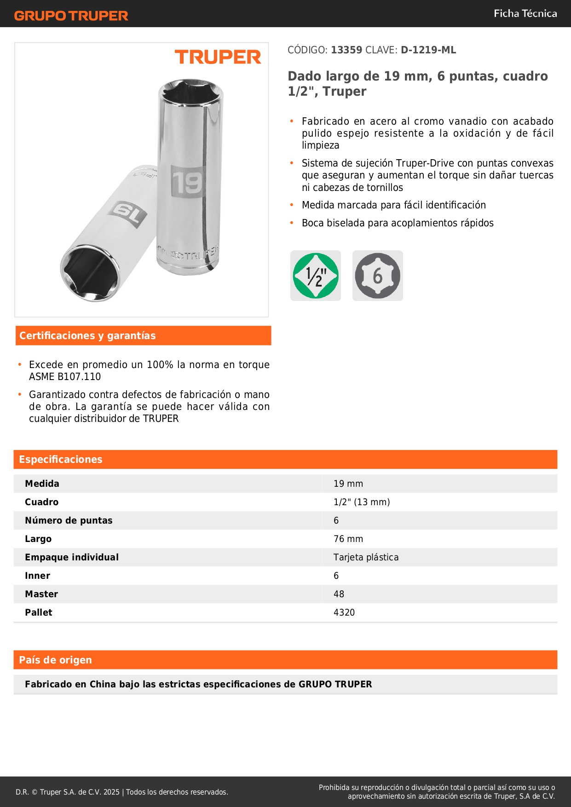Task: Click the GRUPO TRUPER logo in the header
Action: click(71, 16)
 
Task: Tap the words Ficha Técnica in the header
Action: click(525, 13)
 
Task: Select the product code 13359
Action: click(346, 50)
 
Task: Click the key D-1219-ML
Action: click(428, 50)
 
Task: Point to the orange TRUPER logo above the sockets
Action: click(218, 57)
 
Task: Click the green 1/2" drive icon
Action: click(316, 276)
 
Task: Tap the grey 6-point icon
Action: click(377, 276)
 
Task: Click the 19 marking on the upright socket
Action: click(187, 182)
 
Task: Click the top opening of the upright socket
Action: click(190, 92)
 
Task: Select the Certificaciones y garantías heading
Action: click(87, 336)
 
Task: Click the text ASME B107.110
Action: click(65, 377)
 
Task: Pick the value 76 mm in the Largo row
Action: click(348, 539)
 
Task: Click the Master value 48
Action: click(339, 594)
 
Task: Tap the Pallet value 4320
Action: click(344, 612)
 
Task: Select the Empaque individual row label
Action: click(72, 557)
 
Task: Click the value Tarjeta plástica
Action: click(366, 557)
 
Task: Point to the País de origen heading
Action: click(55, 660)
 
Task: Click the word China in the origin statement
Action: click(103, 684)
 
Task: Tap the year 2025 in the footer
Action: click(111, 792)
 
